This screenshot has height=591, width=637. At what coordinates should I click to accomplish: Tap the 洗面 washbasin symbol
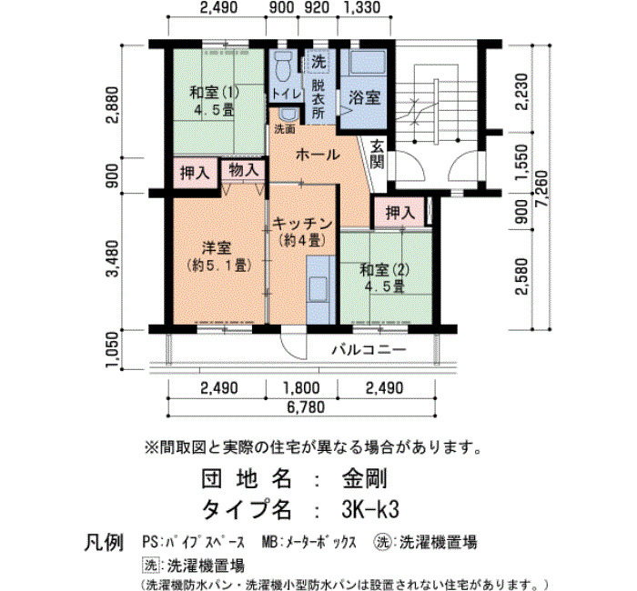289,115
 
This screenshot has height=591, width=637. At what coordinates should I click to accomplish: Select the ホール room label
318,155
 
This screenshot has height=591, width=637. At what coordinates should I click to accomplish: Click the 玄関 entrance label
378,155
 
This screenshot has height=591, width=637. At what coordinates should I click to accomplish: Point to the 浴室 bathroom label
364,98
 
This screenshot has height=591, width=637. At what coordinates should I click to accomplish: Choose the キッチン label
303,224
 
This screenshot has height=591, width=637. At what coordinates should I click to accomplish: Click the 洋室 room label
217,248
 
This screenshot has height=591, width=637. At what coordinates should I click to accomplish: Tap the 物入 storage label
243,170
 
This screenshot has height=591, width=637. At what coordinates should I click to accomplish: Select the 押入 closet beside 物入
195,174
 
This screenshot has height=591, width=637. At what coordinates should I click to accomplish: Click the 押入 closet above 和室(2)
400,212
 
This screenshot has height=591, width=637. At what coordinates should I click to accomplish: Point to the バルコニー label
369,349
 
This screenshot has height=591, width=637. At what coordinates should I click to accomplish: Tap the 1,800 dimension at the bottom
301,388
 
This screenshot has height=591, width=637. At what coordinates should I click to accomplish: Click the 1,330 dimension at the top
362,7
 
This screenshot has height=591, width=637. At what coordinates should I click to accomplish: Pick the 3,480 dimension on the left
112,258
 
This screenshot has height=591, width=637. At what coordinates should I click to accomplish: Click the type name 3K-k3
370,509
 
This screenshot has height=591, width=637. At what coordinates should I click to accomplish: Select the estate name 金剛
364,478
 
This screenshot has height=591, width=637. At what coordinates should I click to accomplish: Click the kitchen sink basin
318,289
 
